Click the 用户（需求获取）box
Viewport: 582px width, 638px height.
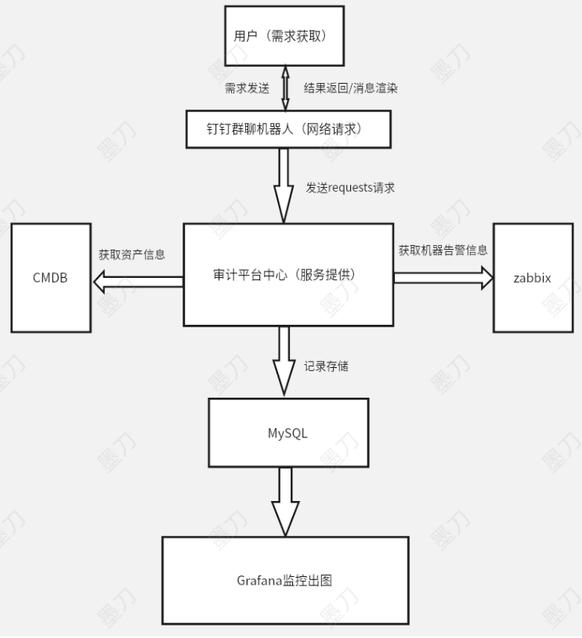[284, 36]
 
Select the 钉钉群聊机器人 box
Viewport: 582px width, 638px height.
[288, 128]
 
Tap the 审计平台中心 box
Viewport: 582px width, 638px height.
[288, 274]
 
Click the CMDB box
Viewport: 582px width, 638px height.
[51, 277]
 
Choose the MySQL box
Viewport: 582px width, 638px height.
[288, 432]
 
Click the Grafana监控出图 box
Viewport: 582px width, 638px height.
[285, 580]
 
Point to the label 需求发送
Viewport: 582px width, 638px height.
[247, 88]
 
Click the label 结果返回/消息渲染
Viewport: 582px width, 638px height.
[350, 88]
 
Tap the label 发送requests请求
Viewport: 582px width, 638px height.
[350, 188]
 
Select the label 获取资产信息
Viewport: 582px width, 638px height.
[131, 254]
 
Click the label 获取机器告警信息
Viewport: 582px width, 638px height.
[443, 251]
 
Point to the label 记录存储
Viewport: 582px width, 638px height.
[326, 365]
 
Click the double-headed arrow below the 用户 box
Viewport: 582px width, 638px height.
[285, 88]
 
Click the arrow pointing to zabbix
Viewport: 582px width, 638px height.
[443, 277]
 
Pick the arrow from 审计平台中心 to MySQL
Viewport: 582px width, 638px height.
[284, 362]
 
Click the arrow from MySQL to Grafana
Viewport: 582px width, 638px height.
[285, 502]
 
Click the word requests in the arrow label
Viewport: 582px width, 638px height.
[350, 188]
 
